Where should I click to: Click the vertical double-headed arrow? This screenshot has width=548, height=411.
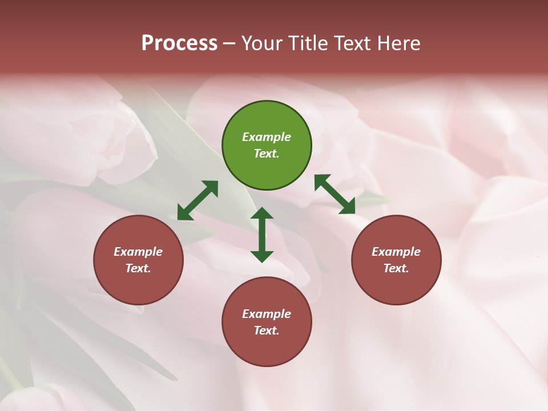coord(262,235)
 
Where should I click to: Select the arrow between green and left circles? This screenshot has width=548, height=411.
coord(198,200)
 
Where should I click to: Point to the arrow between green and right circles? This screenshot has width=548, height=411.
coord(335,194)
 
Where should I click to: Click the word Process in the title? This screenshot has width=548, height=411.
coord(179,43)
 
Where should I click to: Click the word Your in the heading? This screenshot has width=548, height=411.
coord(262,43)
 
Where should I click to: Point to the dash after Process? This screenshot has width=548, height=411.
coord(229,43)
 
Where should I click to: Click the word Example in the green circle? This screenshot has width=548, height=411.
coord(267,137)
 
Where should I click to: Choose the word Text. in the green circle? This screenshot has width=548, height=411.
coord(267,154)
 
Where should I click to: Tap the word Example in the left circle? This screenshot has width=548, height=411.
coord(138,252)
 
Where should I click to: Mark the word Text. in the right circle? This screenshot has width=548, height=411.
coord(396,268)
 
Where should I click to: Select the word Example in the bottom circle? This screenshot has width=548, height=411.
coord(267,314)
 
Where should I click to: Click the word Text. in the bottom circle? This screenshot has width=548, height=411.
coord(267,331)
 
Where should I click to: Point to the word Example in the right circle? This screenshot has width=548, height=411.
coord(396,252)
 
